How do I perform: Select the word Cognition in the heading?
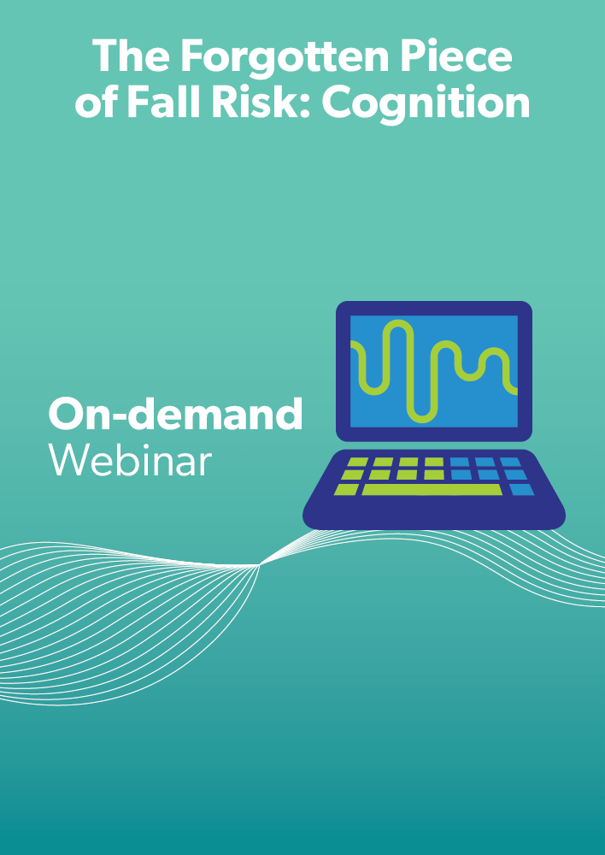click(426, 104)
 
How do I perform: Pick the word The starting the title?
click(131, 56)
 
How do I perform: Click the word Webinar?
click(130, 460)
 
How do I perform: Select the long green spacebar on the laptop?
click(432, 489)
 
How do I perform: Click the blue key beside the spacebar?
click(521, 489)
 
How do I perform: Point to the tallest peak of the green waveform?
click(398, 323)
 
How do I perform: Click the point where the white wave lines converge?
click(260, 565)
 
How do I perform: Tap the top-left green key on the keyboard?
click(357, 463)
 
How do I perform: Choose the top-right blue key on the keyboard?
click(511, 463)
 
